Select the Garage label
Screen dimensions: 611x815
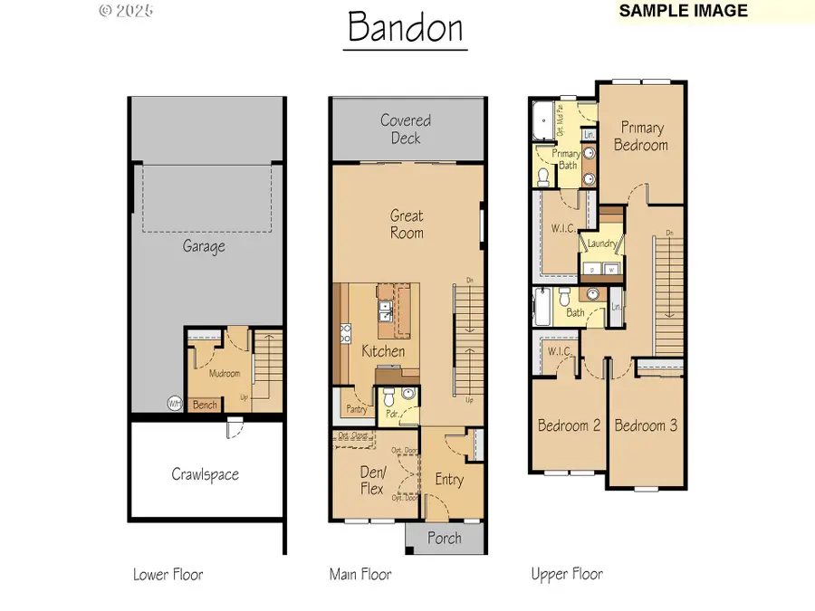tap(204, 245)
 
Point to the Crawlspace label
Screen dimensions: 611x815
tap(205, 473)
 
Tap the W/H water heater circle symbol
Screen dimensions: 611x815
tap(174, 403)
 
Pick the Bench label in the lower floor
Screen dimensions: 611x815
tap(206, 405)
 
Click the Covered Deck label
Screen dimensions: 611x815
tap(406, 129)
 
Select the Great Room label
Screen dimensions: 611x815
tap(407, 224)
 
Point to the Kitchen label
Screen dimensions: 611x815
tap(383, 351)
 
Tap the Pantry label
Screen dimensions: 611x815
tap(357, 409)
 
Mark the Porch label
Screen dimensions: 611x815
tap(444, 538)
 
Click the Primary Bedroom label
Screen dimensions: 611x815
tap(640, 137)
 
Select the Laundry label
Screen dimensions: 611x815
tap(602, 244)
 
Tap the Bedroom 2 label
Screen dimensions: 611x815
tap(569, 425)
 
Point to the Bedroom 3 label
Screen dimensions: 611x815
tap(646, 425)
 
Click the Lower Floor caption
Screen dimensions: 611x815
tap(168, 574)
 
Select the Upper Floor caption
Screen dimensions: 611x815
tap(567, 574)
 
